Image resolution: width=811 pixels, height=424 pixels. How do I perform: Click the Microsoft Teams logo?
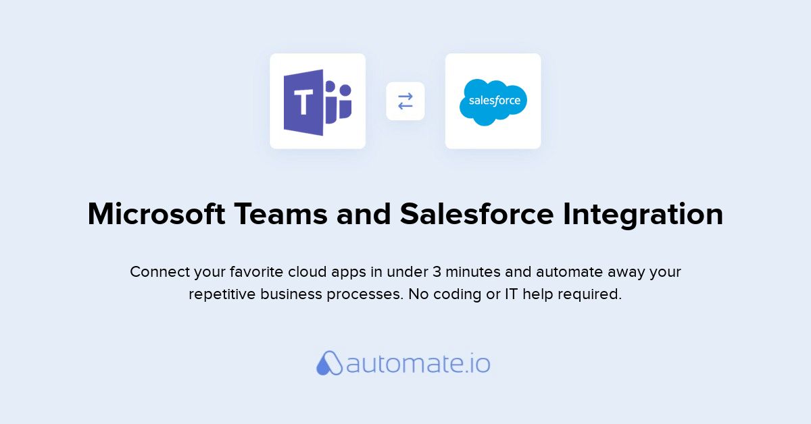[x=318, y=103]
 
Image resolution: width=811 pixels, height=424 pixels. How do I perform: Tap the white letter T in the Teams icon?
[x=303, y=102]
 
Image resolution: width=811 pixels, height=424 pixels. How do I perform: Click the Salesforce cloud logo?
[x=493, y=103]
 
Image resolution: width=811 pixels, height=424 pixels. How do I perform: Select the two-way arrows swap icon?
[x=405, y=101]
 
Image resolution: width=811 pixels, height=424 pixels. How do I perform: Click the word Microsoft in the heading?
[x=156, y=214]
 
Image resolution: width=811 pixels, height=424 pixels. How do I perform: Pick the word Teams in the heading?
[x=280, y=214]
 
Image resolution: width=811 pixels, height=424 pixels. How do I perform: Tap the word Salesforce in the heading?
[x=477, y=214]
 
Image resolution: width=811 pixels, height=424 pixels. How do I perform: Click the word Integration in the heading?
[x=643, y=215]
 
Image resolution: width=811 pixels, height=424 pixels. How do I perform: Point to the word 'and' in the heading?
[x=364, y=214]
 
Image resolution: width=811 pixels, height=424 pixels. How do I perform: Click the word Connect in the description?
[x=159, y=271]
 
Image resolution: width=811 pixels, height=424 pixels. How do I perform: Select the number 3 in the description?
[x=437, y=271]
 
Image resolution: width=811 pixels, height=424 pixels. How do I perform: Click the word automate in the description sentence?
[x=570, y=272]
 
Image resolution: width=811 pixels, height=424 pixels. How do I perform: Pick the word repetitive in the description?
[x=222, y=295]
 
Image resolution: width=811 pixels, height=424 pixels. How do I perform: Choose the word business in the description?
[x=291, y=294]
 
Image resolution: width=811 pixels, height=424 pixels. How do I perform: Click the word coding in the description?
[x=458, y=295]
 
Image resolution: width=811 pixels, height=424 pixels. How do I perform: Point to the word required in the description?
[x=589, y=295]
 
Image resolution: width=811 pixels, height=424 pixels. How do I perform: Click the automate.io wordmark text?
[x=418, y=364]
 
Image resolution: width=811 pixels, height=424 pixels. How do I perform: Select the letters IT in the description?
[x=511, y=294]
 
